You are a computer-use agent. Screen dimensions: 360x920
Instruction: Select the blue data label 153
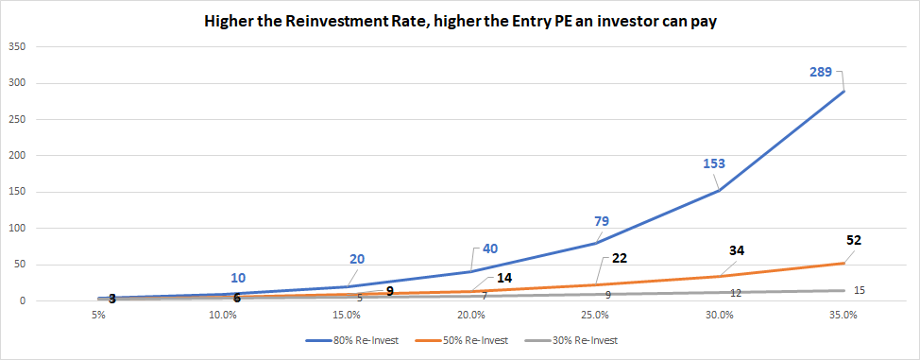click(x=713, y=163)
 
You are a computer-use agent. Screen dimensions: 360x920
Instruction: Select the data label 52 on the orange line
click(x=853, y=241)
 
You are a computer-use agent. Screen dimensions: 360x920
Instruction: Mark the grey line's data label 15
click(x=860, y=290)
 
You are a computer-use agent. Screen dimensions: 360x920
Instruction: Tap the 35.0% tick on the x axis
click(x=843, y=315)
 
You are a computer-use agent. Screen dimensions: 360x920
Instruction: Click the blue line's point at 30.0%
click(x=719, y=190)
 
